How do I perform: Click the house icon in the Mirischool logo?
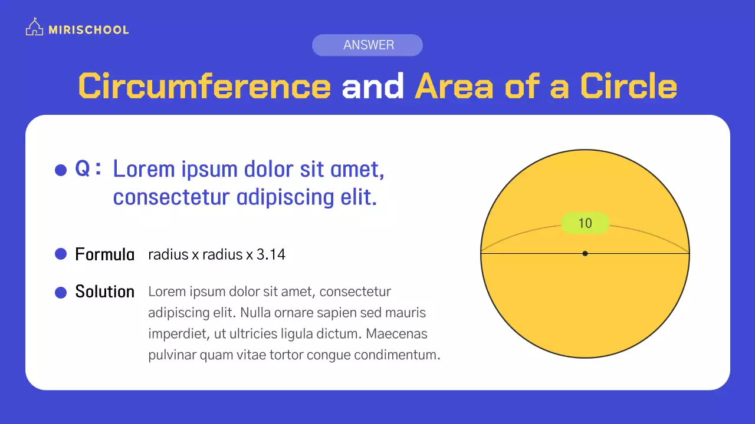coord(34,26)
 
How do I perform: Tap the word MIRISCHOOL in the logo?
coord(88,30)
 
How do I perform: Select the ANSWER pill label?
coord(367,45)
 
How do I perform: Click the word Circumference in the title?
coord(204,86)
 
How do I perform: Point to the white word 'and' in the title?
coord(372,85)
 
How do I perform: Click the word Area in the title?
coord(454,86)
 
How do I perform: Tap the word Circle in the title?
coord(629,86)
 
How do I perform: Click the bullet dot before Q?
coord(61,170)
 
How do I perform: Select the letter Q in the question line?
coord(82,168)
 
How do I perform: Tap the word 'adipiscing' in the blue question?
coord(285,197)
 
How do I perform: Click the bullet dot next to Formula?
coord(61,254)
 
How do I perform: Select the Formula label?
coord(105,254)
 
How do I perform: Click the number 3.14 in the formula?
coord(271,254)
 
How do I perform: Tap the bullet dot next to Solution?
coord(61,293)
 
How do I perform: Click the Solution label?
coord(105,291)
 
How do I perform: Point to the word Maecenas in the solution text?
coord(396,334)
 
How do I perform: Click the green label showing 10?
coord(585,223)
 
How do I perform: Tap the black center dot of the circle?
coord(585,253)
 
